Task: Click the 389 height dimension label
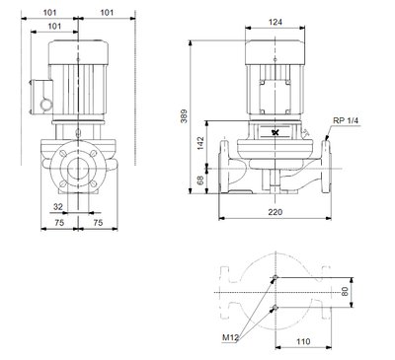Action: [x=184, y=116]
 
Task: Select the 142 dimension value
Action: [x=200, y=143]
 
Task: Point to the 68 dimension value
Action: [x=200, y=180]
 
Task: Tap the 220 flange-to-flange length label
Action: [x=275, y=212]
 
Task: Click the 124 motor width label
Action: [x=276, y=22]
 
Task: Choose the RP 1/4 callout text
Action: [x=346, y=120]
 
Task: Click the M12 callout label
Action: [x=230, y=337]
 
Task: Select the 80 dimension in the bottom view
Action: [x=345, y=292]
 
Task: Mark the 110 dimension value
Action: [x=303, y=341]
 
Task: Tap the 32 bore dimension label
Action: [x=58, y=207]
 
